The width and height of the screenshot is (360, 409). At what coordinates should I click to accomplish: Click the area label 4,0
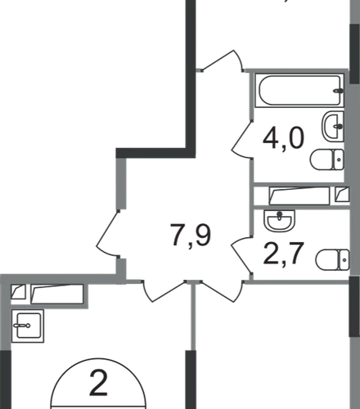(x=283, y=138)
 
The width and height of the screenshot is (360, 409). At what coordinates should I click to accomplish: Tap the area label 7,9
(x=191, y=235)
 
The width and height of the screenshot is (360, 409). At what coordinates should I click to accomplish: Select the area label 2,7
(x=283, y=254)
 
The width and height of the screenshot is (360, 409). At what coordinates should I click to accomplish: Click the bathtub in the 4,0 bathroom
(x=299, y=90)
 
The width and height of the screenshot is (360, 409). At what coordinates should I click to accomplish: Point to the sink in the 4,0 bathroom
(x=333, y=126)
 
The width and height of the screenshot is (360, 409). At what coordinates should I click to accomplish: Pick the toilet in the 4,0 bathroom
(x=326, y=160)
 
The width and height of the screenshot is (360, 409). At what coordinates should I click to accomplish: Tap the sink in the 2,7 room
(x=280, y=220)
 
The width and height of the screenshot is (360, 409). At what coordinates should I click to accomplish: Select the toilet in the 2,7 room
(x=332, y=260)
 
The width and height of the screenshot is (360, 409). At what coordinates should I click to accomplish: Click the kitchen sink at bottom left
(x=28, y=326)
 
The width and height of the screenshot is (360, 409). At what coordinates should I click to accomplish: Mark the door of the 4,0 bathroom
(x=242, y=139)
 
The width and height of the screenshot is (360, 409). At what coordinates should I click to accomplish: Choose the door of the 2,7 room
(x=242, y=255)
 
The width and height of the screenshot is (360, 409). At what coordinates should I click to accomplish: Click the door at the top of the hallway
(x=222, y=61)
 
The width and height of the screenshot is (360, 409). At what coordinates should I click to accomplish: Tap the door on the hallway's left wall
(x=108, y=233)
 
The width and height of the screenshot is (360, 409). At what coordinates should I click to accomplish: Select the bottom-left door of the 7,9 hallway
(x=164, y=290)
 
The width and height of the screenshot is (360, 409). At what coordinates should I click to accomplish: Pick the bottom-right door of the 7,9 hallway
(x=222, y=290)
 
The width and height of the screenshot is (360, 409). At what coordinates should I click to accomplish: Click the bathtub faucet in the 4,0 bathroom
(x=339, y=92)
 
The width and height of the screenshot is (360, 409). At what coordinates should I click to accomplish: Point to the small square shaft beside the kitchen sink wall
(x=18, y=291)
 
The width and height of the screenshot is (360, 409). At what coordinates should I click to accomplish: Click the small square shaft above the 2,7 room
(x=342, y=194)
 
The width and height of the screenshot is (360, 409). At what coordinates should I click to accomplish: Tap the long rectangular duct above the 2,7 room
(x=299, y=196)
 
